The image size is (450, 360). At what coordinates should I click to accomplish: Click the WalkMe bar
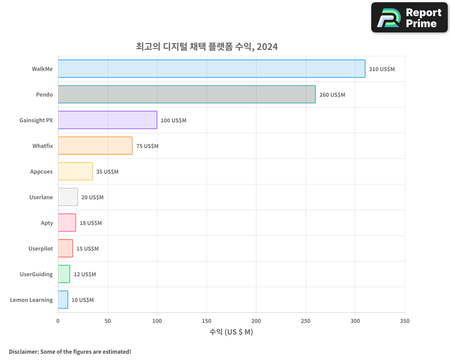211,69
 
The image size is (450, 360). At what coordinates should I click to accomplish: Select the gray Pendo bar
187,94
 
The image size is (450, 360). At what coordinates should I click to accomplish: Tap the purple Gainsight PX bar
108,120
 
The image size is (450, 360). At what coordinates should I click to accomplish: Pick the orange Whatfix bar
95,146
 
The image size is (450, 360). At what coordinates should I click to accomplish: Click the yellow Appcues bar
75,171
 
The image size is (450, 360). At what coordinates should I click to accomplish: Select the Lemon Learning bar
63,300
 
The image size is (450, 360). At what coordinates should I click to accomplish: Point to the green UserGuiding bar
64,274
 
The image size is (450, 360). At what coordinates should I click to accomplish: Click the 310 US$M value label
382,69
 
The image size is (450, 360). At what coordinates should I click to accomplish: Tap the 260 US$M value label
332,95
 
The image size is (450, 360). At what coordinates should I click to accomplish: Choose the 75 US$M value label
147,146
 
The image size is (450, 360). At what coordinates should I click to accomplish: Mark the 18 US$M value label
90,223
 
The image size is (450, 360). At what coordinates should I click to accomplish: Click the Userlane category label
41,198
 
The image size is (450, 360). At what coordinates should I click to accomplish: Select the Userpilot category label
40,249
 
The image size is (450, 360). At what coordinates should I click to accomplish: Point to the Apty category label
47,223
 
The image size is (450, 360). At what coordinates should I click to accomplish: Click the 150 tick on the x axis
207,321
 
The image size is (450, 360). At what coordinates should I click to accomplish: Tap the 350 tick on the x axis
405,321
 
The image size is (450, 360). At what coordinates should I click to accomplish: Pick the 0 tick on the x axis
58,321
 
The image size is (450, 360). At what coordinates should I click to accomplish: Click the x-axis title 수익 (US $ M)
231,332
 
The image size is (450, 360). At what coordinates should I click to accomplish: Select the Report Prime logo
409,18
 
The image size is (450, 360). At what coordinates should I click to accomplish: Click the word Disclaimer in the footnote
23,352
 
